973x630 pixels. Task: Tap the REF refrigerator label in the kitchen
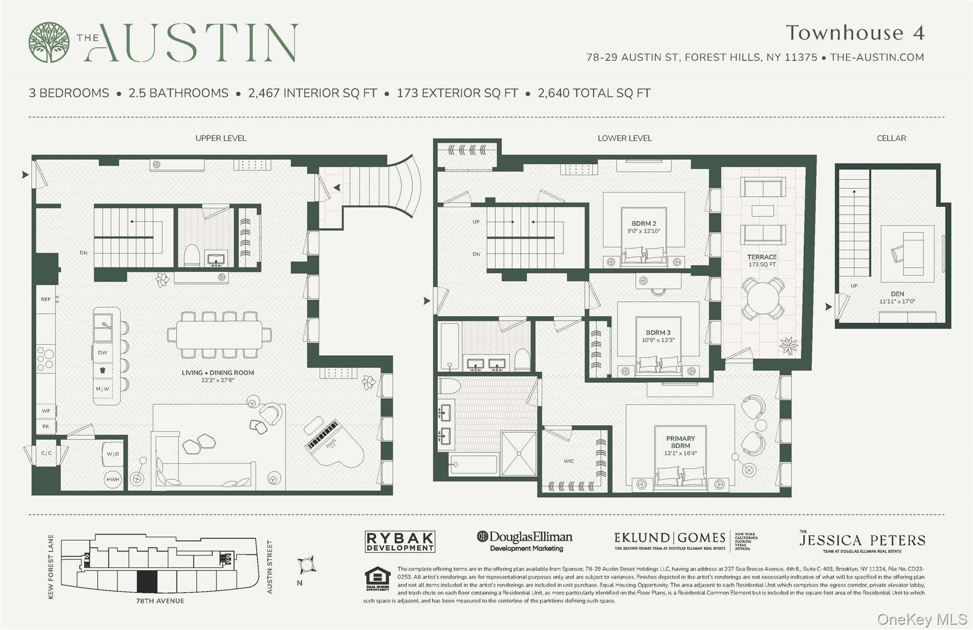tap(46, 299)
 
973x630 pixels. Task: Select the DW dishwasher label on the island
tap(103, 352)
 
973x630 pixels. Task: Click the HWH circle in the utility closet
tap(113, 479)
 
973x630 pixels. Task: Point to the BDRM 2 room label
tap(644, 223)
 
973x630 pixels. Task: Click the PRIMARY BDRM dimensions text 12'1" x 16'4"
tap(680, 453)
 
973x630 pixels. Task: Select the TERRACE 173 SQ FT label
tap(762, 260)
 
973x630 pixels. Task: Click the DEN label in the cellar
tap(897, 294)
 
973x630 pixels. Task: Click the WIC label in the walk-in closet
tap(569, 461)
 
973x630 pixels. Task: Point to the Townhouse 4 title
tap(855, 33)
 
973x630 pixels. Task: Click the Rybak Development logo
tap(400, 542)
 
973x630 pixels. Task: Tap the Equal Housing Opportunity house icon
tap(377, 578)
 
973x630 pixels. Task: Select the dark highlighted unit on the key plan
tap(147, 581)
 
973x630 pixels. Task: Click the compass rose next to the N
tap(307, 565)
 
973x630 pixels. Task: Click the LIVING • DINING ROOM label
tap(218, 373)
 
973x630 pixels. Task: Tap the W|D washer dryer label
tap(113, 454)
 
